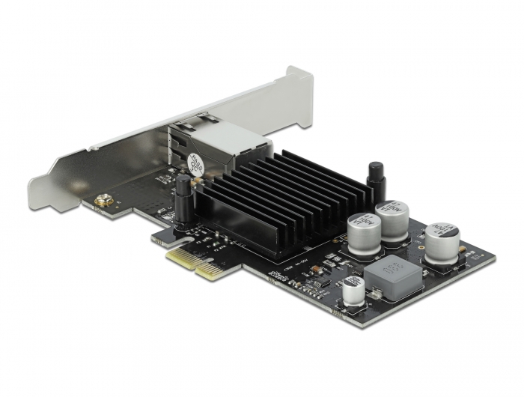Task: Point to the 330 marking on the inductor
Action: (393, 267)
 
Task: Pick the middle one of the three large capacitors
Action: (392, 217)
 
